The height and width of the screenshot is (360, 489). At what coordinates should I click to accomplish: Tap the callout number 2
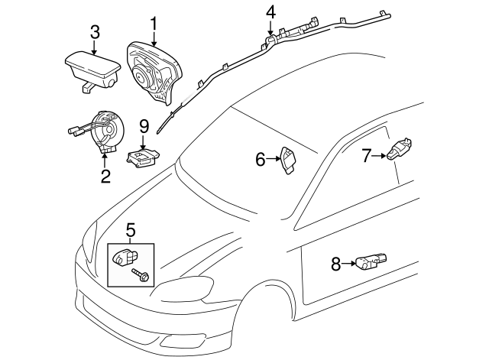(x=105, y=177)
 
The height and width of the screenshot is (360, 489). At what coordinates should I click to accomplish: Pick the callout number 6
(x=260, y=160)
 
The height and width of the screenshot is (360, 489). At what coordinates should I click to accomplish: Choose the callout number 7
(x=367, y=156)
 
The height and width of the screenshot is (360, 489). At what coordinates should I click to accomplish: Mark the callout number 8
(x=335, y=264)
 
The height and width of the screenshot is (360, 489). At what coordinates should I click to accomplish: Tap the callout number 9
(x=143, y=125)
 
